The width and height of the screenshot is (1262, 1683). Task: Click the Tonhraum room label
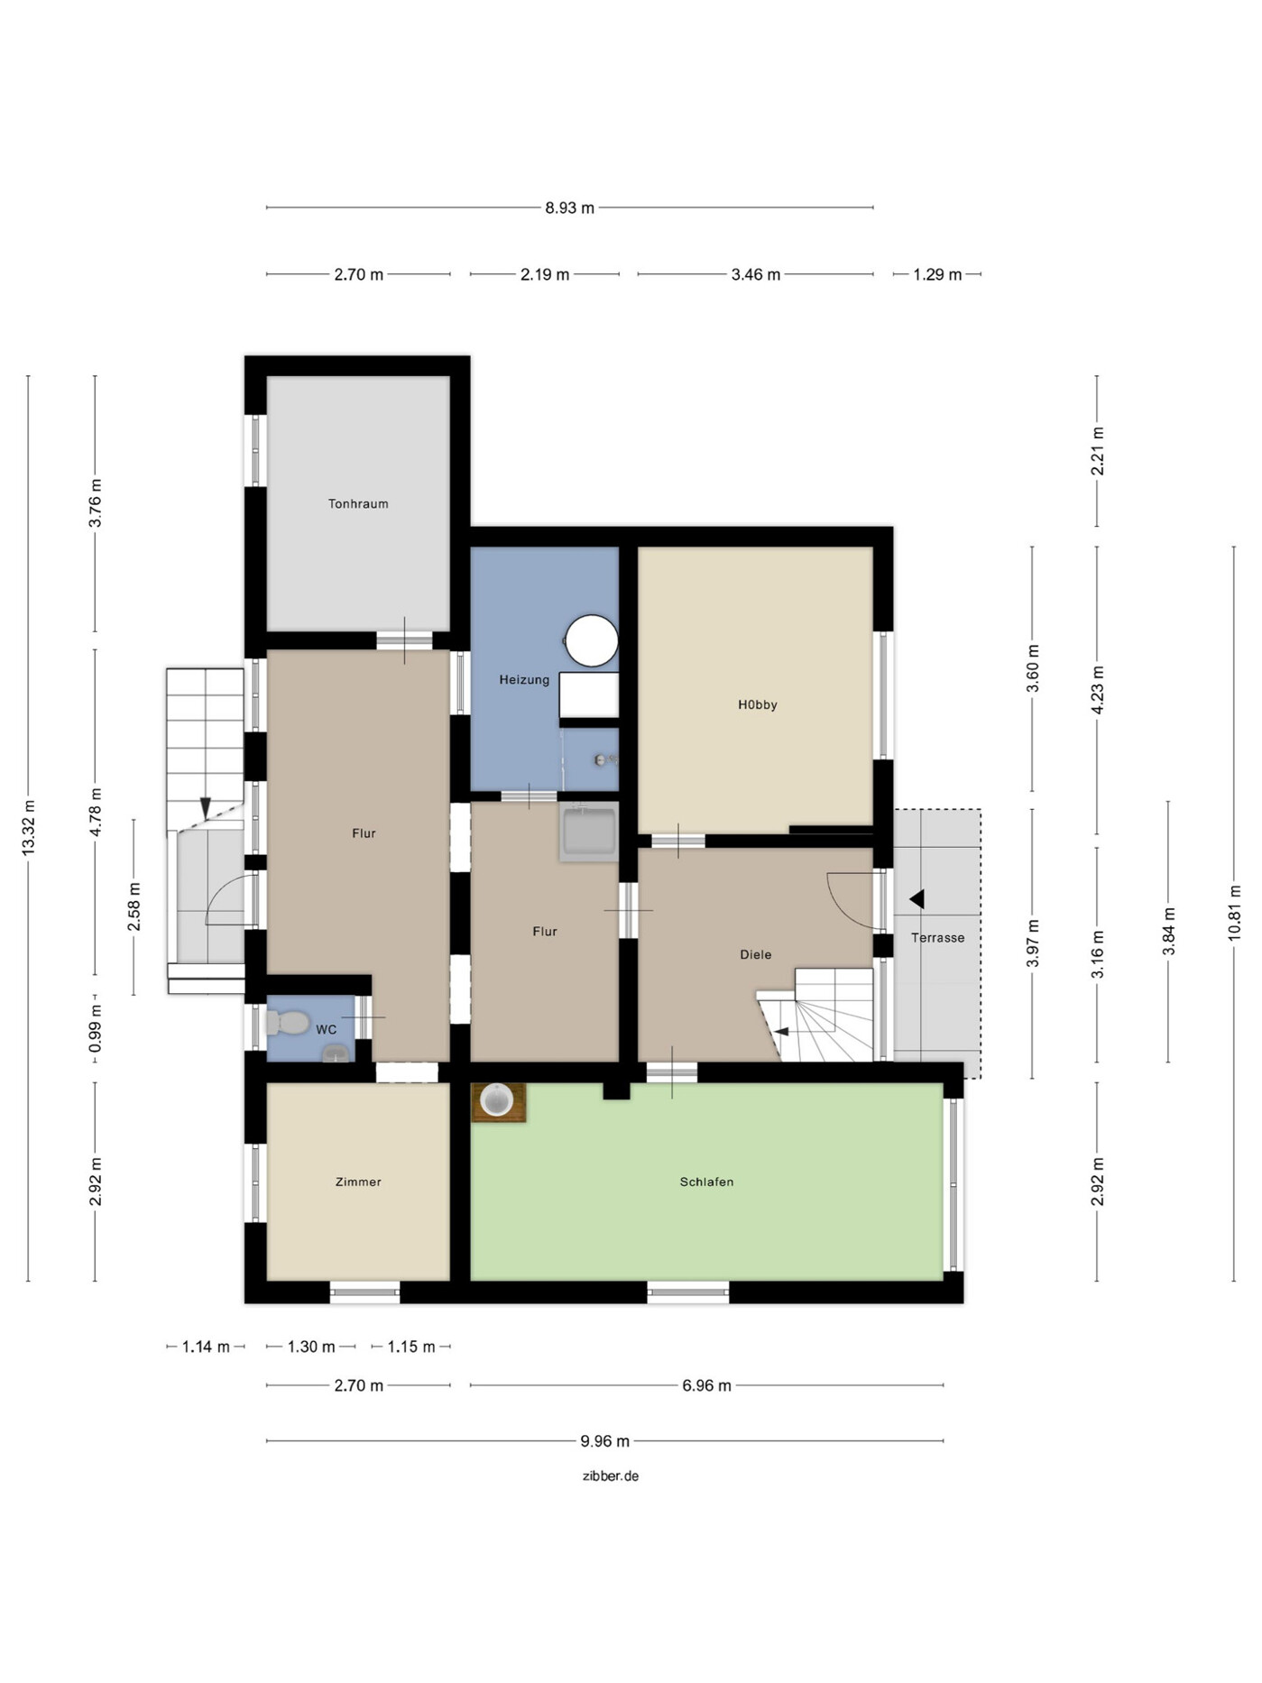click(358, 504)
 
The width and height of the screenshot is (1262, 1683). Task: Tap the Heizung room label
click(524, 680)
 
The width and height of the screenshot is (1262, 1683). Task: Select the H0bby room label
click(758, 705)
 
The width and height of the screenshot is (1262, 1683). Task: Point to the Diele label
click(756, 954)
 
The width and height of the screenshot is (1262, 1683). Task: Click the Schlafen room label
click(706, 1182)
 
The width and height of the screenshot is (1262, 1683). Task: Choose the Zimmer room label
click(358, 1182)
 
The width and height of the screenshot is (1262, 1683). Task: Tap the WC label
click(326, 1029)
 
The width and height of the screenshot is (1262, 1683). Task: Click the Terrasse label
click(938, 938)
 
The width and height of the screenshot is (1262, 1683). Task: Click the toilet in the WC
click(287, 1023)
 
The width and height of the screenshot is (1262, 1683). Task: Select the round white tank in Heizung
click(592, 641)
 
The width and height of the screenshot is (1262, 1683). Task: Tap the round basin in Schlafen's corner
click(497, 1101)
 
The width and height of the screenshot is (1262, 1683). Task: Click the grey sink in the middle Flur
click(588, 831)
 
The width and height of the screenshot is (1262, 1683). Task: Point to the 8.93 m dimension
click(570, 208)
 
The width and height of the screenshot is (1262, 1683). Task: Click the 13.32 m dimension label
click(28, 828)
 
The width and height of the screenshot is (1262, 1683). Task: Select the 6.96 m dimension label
click(706, 1385)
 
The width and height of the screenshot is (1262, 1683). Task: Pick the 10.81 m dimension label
click(1234, 914)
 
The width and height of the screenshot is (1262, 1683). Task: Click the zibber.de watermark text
click(611, 1476)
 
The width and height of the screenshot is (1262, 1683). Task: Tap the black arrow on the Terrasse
click(917, 899)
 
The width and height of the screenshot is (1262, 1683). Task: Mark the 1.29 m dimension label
click(937, 274)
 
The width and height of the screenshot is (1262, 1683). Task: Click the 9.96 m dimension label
click(604, 1441)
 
